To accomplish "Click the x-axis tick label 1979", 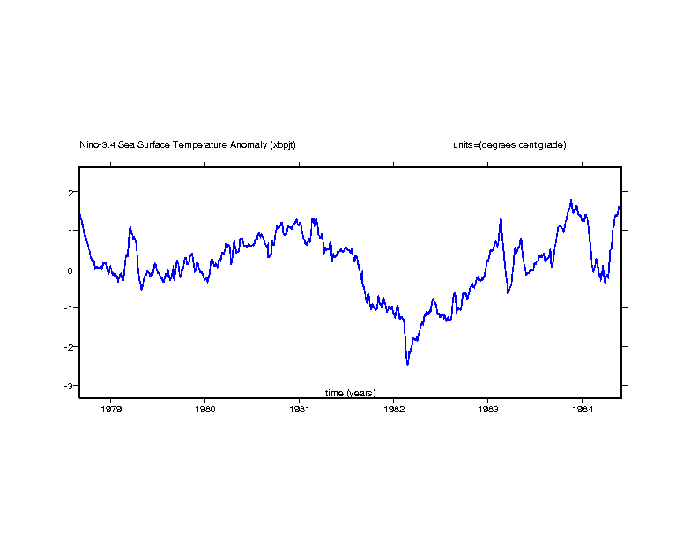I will coord(111,409).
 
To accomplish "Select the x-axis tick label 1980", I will coord(205,409).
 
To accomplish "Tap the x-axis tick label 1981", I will coord(300,409).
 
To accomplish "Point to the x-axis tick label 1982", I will coord(393,409).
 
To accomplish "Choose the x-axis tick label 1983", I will coord(487,409).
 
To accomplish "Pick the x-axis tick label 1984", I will coord(582,409).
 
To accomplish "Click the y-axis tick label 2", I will coord(71,192).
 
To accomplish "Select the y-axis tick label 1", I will coord(71,231).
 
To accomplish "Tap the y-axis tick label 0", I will coord(71,269).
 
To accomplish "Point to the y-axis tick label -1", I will coord(69,308).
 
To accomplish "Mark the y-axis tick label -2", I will coord(69,347).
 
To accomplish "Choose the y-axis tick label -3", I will coord(69,386).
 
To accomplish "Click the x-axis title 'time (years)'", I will coord(351,393).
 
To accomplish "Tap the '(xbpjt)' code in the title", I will coord(284,144).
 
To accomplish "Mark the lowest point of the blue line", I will coord(407,365).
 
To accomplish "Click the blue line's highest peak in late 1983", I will coord(571,200).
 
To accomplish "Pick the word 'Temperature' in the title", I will coord(202,144).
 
